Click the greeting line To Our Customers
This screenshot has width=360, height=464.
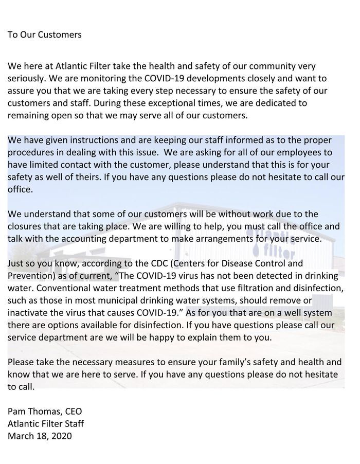click(x=45, y=35)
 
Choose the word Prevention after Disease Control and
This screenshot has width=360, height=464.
click(x=30, y=276)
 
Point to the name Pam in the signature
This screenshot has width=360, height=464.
click(x=16, y=412)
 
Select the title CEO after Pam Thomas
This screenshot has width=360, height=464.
click(x=72, y=412)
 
